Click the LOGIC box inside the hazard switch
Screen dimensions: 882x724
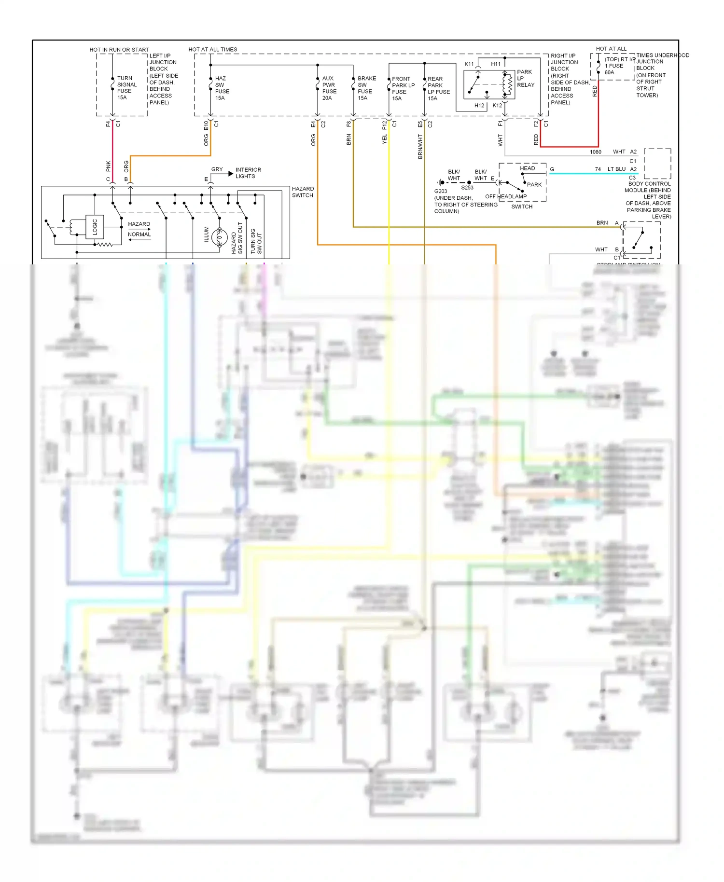pyautogui.click(x=95, y=227)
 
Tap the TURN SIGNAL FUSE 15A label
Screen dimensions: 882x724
pyautogui.click(x=126, y=88)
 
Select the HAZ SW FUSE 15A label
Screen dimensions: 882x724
pyautogui.click(x=222, y=88)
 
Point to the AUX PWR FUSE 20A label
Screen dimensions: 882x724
pyautogui.click(x=329, y=88)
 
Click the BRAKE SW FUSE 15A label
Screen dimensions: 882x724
pyautogui.click(x=366, y=88)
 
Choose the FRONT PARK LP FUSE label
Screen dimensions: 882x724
pyautogui.click(x=403, y=89)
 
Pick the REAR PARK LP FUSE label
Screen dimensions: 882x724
pyautogui.click(x=438, y=89)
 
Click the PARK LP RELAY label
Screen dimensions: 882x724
pyautogui.click(x=525, y=78)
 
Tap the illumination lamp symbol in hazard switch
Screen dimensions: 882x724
pyautogui.click(x=220, y=237)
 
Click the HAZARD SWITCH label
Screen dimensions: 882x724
pyautogui.click(x=303, y=192)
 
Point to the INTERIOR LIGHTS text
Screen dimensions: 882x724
pyautogui.click(x=248, y=173)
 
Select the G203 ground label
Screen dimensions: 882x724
pyautogui.click(x=441, y=191)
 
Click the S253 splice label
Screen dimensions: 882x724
pyautogui.click(x=467, y=188)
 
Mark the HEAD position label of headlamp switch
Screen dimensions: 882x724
pyautogui.click(x=527, y=168)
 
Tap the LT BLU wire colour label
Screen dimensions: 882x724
pyautogui.click(x=616, y=169)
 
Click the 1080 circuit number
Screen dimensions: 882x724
pyautogui.click(x=596, y=152)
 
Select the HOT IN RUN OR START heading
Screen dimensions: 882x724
pyautogui.click(x=119, y=50)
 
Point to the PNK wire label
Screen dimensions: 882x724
pyautogui.click(x=109, y=166)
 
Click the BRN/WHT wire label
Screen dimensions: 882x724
pyautogui.click(x=420, y=147)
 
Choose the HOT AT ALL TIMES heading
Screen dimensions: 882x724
pyautogui.click(x=213, y=50)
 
